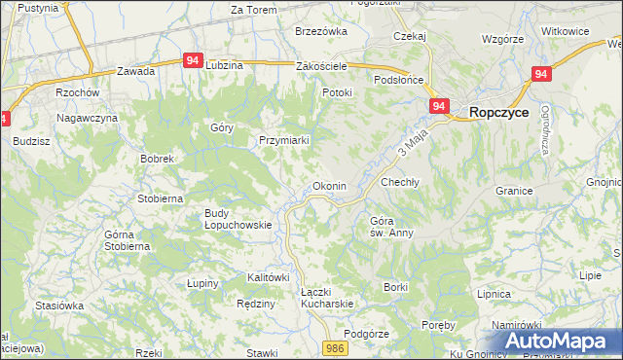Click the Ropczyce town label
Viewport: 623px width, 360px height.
pyautogui.click(x=498, y=113)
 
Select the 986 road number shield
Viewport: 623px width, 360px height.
pyautogui.click(x=336, y=347)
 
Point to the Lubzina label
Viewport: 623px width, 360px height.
pyautogui.click(x=225, y=65)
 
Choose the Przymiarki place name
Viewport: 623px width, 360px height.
pyautogui.click(x=283, y=140)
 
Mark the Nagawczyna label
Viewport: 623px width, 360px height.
pyautogui.click(x=87, y=118)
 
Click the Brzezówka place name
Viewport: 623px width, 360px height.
pyautogui.click(x=321, y=31)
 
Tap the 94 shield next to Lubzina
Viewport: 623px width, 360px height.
pyautogui.click(x=193, y=59)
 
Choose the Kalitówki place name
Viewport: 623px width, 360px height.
pyautogui.click(x=269, y=277)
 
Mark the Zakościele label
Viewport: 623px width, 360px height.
pyautogui.click(x=322, y=66)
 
